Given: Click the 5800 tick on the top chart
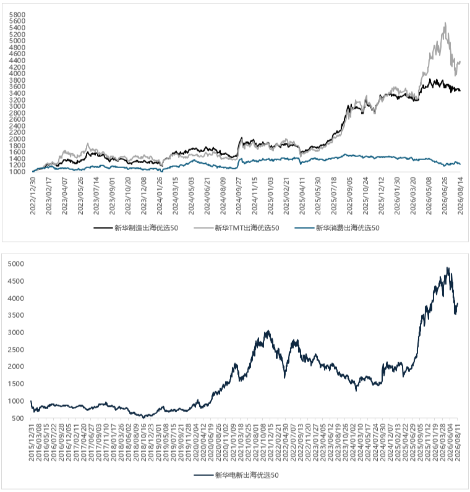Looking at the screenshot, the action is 17,15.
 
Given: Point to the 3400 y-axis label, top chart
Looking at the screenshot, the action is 17,93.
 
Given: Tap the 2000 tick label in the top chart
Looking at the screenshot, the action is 17,139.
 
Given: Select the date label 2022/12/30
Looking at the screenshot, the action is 33,195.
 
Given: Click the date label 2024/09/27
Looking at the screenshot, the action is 239,195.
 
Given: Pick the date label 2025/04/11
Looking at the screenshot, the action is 302,195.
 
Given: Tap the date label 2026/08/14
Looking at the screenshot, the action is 461,195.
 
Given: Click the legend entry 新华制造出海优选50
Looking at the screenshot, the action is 136,228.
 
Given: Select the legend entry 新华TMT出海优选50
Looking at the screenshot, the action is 237,228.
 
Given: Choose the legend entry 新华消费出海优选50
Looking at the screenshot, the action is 337,228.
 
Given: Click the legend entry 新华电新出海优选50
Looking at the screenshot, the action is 236,475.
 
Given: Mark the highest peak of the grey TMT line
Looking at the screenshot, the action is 445,23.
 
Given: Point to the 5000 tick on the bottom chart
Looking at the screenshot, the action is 15,264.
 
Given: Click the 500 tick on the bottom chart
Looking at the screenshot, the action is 17,418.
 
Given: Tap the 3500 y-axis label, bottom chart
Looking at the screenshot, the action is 15,315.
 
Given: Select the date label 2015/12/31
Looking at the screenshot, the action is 32,443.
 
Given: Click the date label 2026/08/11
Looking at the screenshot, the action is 458,443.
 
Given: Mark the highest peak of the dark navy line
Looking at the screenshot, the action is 448,268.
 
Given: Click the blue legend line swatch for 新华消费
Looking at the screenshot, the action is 304,228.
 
